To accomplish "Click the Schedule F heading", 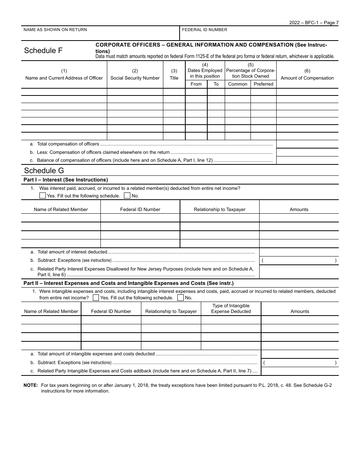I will point(43,51).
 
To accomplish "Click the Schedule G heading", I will point(44,170).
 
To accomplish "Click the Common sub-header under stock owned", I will point(238,84).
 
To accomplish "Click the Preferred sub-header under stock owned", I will point(263,84).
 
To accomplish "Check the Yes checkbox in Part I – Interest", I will point(42,196).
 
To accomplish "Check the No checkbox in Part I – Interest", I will point(127,196).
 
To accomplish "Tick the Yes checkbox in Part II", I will point(96,298).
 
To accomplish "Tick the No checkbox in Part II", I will point(180,298).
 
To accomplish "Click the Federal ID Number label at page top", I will point(205,30).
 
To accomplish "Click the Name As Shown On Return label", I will point(55,30).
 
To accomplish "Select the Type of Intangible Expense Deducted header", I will point(231,308).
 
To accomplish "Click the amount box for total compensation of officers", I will point(307,144).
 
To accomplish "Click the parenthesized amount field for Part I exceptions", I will point(299,261).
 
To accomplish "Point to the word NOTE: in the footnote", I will point(31,385).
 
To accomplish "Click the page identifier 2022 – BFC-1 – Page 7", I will point(314,23).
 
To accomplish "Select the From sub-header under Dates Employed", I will point(196,84).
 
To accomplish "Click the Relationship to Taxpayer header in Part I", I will point(219,210).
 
